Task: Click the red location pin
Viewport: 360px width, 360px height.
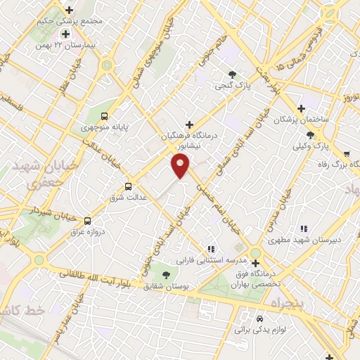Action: [x=181, y=167]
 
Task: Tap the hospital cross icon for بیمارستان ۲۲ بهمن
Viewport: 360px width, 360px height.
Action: [x=65, y=34]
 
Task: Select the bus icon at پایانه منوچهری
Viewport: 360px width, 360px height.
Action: [x=105, y=117]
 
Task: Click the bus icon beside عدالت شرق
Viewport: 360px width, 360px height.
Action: [x=128, y=187]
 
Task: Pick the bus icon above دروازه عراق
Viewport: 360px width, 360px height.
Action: [x=87, y=220]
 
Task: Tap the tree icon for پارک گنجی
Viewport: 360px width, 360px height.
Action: [x=233, y=75]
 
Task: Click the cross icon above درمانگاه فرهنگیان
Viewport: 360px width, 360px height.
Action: [x=188, y=124]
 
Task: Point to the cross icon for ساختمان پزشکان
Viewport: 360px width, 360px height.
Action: [x=301, y=108]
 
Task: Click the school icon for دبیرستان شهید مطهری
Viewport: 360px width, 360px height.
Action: [x=304, y=229]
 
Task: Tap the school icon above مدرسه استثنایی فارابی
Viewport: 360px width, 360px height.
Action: [x=211, y=249]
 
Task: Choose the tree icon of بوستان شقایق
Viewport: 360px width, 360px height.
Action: [x=166, y=274]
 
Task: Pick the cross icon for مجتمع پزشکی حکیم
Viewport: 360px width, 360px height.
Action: [x=69, y=10]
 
